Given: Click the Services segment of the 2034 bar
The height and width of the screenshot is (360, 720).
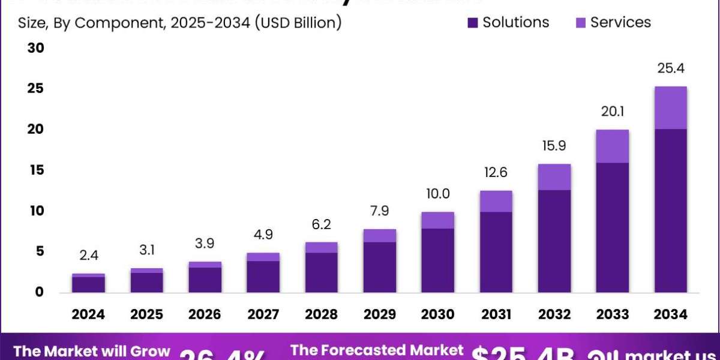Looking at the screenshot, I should pos(670,108).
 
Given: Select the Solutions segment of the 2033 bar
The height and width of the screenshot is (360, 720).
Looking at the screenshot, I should pos(612,227).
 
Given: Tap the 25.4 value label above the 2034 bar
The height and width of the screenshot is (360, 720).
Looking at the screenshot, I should pos(670,68).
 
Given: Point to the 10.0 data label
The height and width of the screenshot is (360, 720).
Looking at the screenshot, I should pos(438,194).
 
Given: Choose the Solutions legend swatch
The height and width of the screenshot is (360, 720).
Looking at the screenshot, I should pos(473,23).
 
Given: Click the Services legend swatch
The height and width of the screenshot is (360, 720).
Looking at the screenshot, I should pos(580,23).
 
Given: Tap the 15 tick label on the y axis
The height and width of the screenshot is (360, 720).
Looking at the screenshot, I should pos(36,170).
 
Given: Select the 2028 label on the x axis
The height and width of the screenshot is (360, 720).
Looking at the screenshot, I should pos(321,314).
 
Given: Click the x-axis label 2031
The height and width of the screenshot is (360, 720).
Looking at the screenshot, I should pos(496,314).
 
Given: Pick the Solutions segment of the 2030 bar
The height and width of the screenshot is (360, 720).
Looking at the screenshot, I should pos(438,260).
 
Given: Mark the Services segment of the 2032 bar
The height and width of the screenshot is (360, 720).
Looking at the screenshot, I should pos(554,177).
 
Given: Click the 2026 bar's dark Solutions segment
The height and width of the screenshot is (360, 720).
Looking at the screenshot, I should pos(205,280).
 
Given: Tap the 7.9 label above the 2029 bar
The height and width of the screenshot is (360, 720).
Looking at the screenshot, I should pos(379,212).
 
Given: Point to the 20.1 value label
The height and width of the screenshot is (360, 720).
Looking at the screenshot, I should pos(612,112).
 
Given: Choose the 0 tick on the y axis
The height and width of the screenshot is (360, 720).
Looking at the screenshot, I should pos(39,292).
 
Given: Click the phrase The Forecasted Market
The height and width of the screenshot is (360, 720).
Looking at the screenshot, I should pos(377,350).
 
